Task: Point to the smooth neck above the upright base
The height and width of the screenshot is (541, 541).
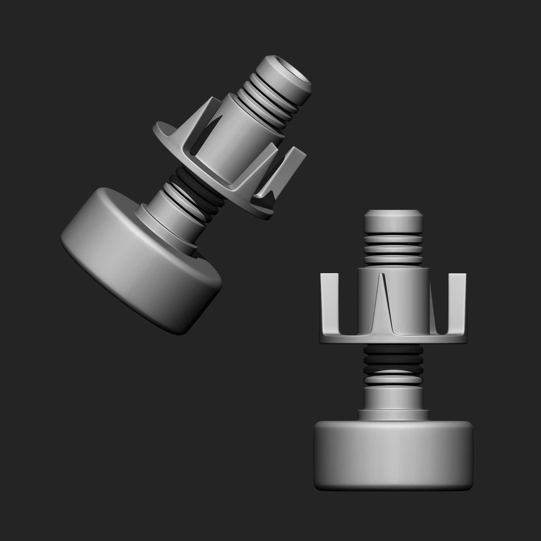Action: tap(393, 398)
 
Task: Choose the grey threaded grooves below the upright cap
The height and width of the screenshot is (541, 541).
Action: tap(393, 251)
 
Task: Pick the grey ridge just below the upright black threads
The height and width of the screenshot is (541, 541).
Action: tap(393, 379)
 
